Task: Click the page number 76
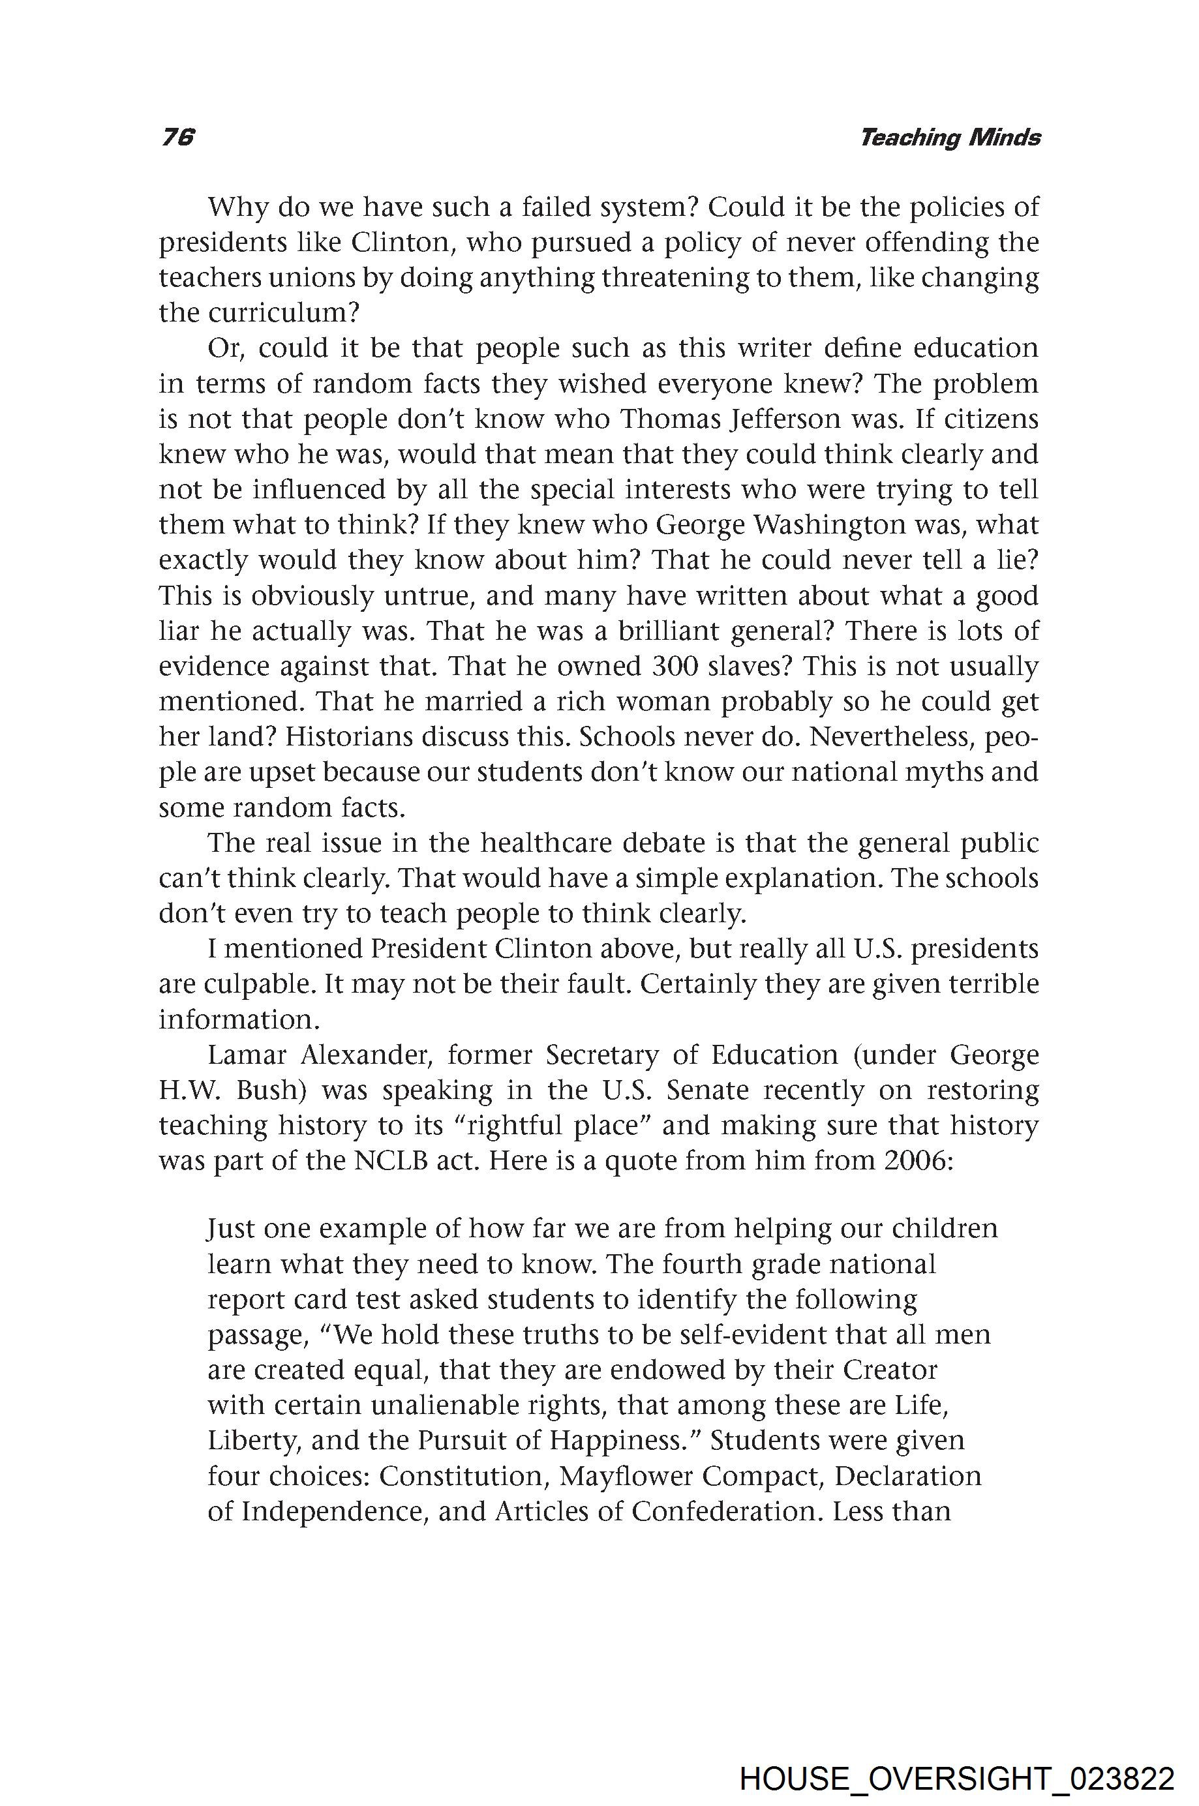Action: click(x=178, y=138)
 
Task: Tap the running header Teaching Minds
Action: click(x=950, y=138)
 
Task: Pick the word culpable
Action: click(x=254, y=984)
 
